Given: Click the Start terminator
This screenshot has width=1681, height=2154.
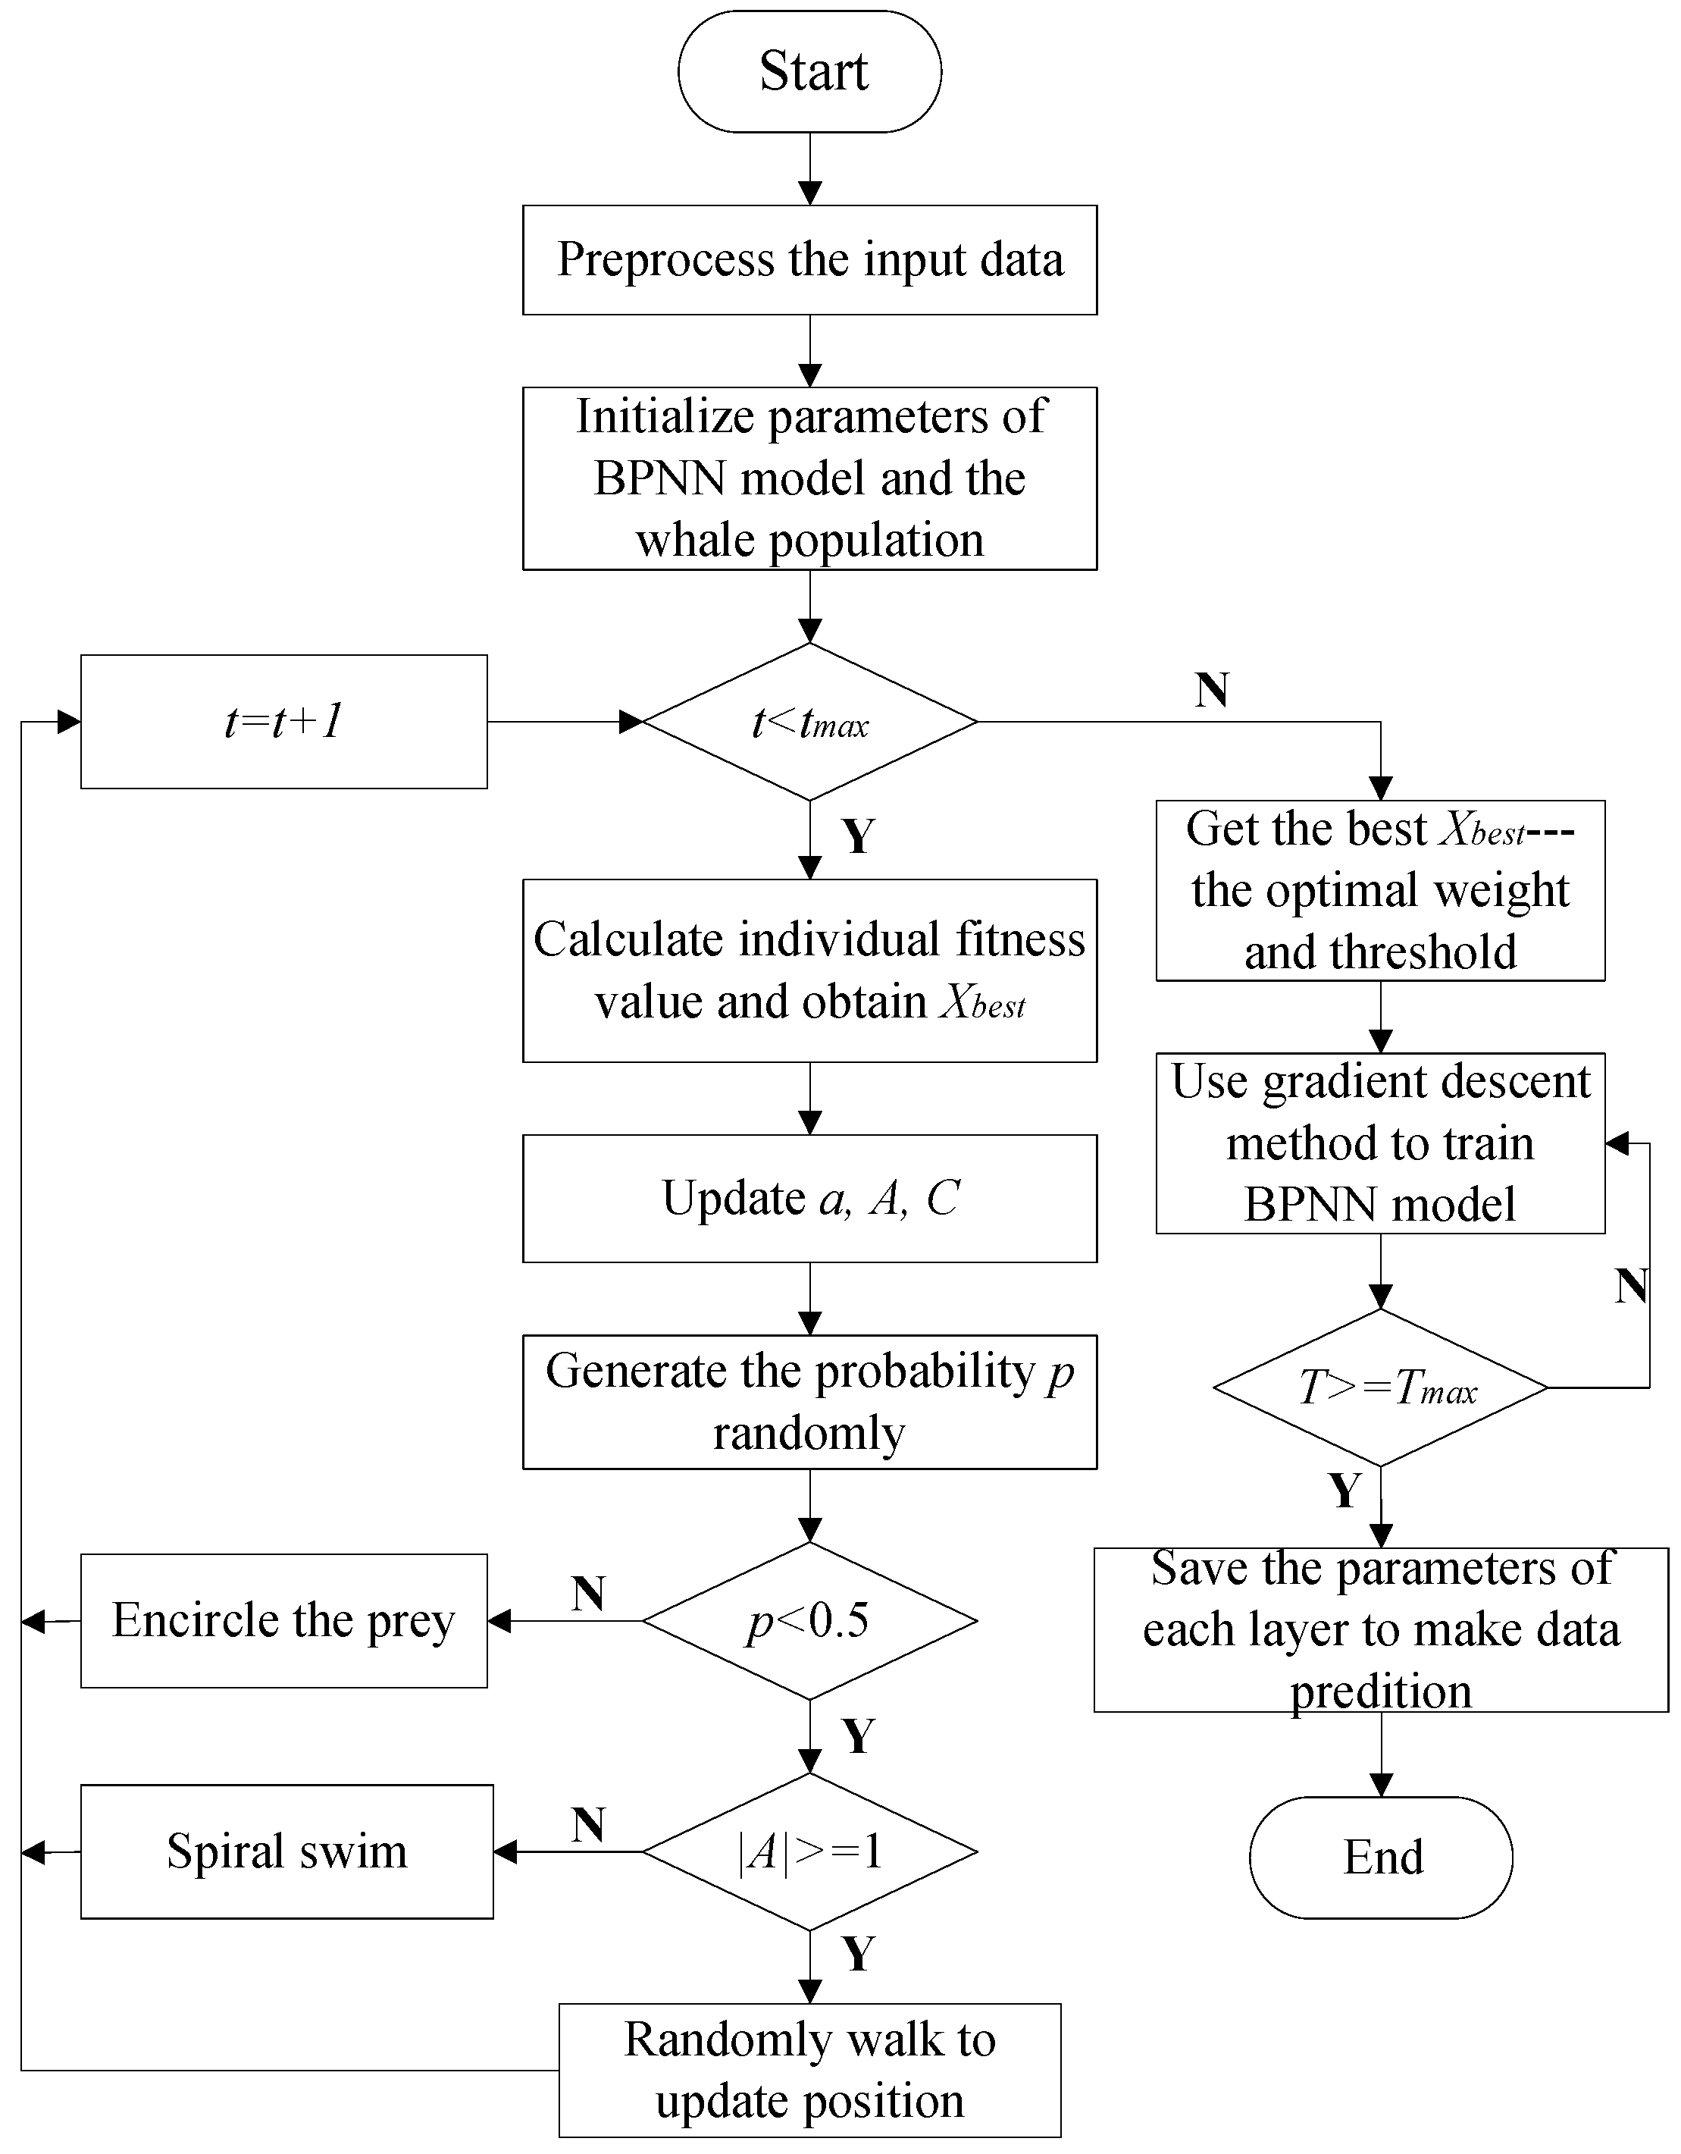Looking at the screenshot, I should [x=809, y=71].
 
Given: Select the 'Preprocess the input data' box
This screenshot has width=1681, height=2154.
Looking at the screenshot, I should [x=809, y=260].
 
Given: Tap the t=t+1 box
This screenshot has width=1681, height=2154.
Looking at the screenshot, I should [x=284, y=722].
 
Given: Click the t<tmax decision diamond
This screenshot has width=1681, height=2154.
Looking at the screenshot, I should [x=809, y=722].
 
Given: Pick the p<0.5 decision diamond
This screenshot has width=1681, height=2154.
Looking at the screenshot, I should [x=809, y=1620].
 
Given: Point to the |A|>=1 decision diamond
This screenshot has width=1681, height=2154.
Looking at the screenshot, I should [x=809, y=1851].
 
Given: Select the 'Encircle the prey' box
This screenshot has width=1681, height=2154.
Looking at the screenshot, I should [x=284, y=1620].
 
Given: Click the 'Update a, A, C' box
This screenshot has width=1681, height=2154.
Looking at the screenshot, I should [x=809, y=1199].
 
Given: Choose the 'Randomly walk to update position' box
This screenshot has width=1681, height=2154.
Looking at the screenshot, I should [x=809, y=2069].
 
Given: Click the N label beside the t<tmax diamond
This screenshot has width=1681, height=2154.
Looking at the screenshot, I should [x=1212, y=689].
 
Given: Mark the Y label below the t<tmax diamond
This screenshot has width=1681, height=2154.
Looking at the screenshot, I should [x=858, y=836].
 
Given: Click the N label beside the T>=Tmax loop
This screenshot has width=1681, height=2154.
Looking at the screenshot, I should [x=1632, y=1286].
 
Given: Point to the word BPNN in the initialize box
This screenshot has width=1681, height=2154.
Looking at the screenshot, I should [x=661, y=479].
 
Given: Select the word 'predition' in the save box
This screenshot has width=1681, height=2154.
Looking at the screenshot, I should [x=1380, y=1692].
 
